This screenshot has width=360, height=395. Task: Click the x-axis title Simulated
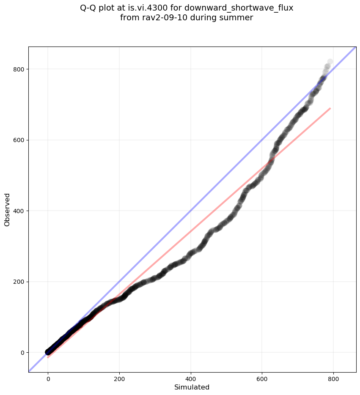[192, 387]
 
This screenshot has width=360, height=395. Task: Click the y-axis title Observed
[7, 210]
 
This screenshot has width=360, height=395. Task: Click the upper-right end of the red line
[330, 109]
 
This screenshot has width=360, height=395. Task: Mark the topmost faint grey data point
[330, 62]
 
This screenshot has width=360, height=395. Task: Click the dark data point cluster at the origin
[48, 352]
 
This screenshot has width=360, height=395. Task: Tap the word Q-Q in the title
[88, 8]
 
